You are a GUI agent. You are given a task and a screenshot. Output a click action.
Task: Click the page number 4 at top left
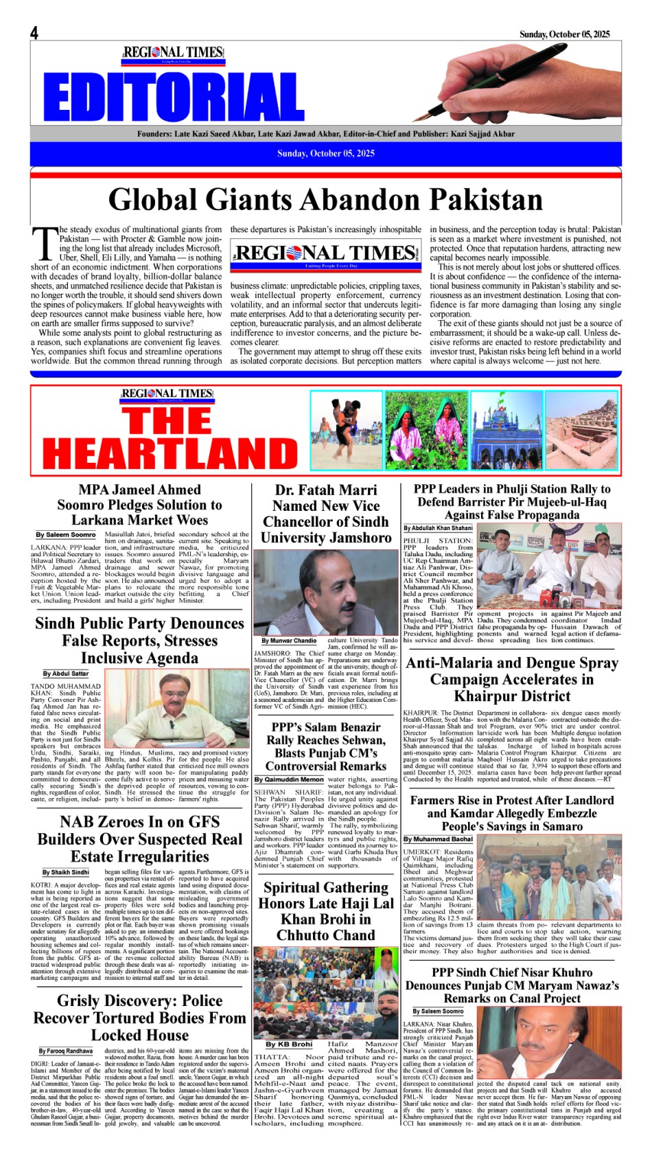click(34, 33)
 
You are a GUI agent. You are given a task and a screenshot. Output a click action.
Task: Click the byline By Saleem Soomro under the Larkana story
click(66, 535)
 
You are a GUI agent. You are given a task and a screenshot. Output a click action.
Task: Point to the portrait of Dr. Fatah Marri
click(325, 593)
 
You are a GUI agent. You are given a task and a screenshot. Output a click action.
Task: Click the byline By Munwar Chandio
click(289, 641)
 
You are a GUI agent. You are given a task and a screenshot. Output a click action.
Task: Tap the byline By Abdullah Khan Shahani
click(438, 528)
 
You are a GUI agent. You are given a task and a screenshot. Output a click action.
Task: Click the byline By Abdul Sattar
click(66, 674)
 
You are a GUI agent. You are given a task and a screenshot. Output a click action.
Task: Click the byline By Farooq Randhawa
click(66, 1051)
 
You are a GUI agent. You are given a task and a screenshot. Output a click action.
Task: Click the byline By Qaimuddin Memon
click(289, 779)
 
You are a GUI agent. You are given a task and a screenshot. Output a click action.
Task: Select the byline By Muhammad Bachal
click(438, 839)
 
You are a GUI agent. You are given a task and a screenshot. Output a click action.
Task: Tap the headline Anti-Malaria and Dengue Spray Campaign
click(512, 679)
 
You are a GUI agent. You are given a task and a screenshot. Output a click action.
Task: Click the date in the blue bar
click(326, 153)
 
